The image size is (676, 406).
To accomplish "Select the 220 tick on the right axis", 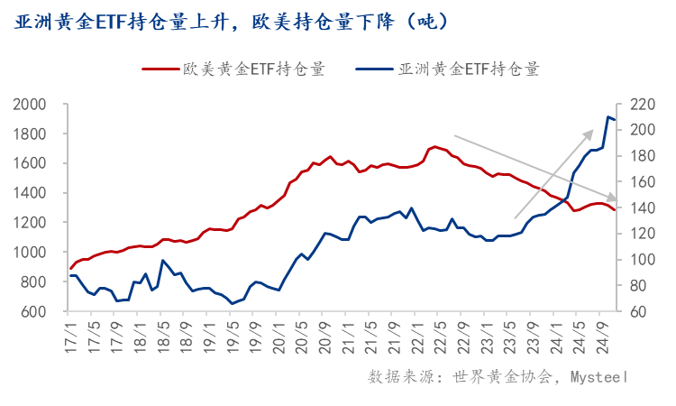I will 638,105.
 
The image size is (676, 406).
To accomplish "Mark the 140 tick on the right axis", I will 638,208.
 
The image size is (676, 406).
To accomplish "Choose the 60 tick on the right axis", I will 635,311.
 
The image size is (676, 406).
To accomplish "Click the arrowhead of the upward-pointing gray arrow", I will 590,132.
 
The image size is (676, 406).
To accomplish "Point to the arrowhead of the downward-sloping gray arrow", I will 615,198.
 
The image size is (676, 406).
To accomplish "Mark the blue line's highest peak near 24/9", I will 607,116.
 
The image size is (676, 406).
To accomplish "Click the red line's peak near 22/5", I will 435,146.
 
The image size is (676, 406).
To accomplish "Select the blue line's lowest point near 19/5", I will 232,303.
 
